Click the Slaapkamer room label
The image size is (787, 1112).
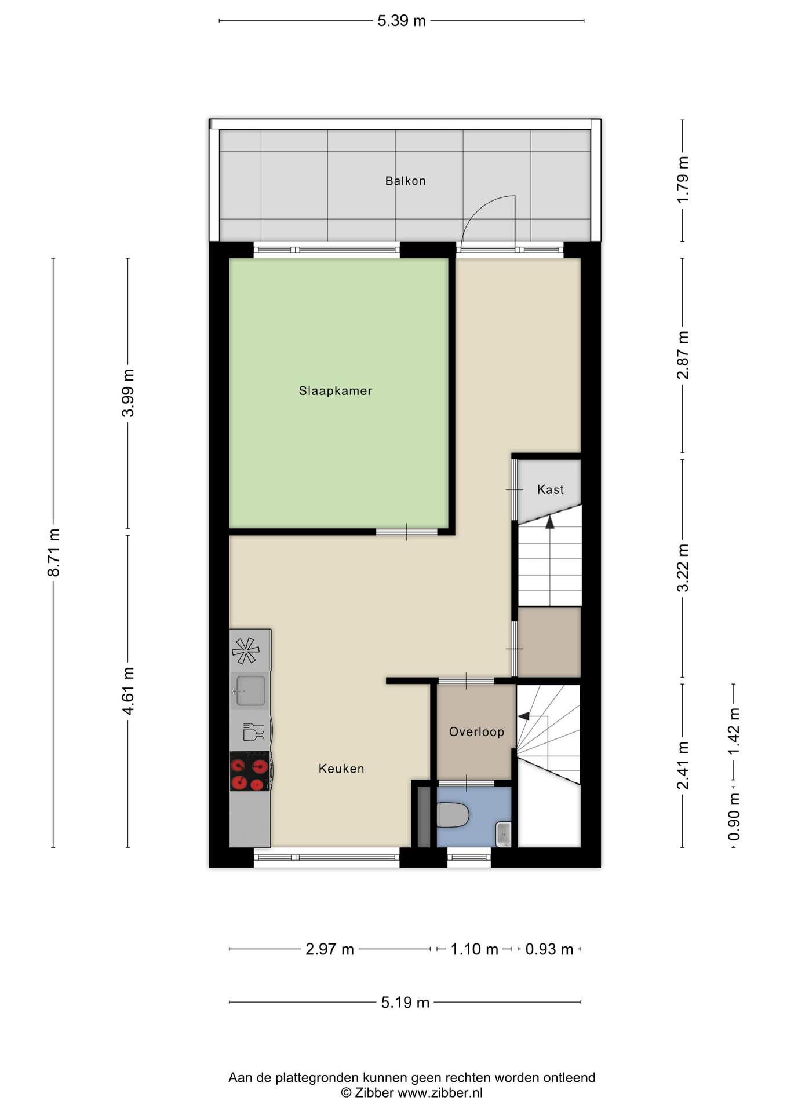[335, 391]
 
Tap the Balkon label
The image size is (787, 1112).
[406, 181]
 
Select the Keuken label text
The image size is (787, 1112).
[341, 769]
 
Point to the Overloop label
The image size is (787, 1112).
[476, 731]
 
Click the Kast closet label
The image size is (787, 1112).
[550, 489]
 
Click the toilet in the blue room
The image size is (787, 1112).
[453, 815]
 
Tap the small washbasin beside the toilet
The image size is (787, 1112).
[504, 835]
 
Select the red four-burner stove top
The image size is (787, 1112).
[250, 771]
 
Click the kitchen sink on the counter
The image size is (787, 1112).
[250, 690]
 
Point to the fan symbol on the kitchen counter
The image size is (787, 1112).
[246, 650]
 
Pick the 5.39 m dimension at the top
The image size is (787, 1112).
[402, 21]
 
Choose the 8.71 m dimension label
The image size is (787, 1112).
[53, 553]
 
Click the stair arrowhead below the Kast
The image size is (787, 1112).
[549, 522]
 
